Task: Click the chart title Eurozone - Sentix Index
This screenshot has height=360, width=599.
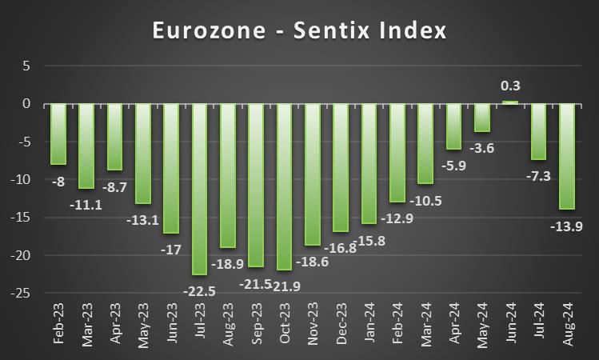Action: (299, 30)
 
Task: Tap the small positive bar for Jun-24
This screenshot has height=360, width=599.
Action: (510, 102)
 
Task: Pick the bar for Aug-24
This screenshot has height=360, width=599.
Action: (567, 156)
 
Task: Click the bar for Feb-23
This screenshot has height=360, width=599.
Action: (58, 134)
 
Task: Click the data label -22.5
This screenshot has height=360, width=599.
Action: (200, 290)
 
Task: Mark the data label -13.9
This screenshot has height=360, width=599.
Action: (567, 226)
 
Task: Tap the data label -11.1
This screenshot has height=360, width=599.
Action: (86, 205)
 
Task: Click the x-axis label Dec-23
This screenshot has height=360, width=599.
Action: (341, 324)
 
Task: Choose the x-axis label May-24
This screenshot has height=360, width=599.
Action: (482, 324)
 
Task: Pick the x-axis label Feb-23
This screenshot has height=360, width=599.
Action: (58, 324)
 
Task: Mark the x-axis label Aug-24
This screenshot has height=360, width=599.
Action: (567, 324)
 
